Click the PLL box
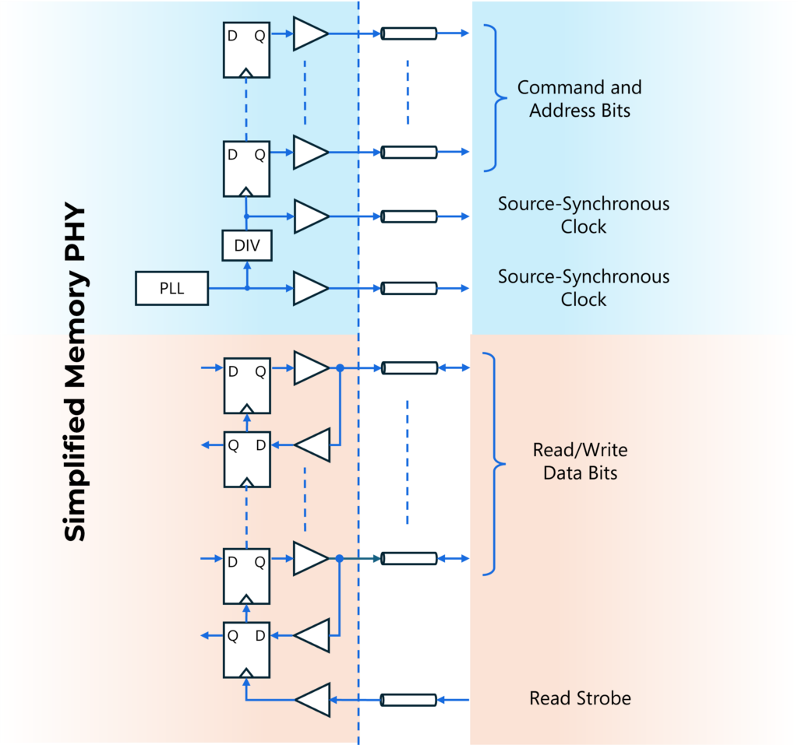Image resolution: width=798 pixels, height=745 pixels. pyautogui.click(x=172, y=288)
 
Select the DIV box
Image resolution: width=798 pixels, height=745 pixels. pyautogui.click(x=246, y=248)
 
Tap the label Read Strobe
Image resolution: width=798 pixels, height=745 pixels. pyautogui.click(x=580, y=698)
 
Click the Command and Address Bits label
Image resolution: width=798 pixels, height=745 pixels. pyautogui.click(x=580, y=99)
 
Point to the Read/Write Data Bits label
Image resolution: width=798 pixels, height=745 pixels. pyautogui.click(x=580, y=461)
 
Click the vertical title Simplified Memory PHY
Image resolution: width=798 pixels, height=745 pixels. pyautogui.click(x=76, y=374)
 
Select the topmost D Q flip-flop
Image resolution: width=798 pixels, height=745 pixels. pyautogui.click(x=246, y=49)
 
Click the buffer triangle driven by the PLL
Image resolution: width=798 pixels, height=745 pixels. pyautogui.click(x=309, y=288)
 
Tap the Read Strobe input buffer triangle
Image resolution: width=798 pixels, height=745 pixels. pyautogui.click(x=313, y=700)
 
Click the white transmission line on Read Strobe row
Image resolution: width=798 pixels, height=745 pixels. pyautogui.click(x=408, y=700)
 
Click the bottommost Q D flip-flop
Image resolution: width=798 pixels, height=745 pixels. pyautogui.click(x=246, y=650)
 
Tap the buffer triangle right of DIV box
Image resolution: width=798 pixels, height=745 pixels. pyautogui.click(x=309, y=216)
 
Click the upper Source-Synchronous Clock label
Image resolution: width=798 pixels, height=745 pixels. pyautogui.click(x=584, y=216)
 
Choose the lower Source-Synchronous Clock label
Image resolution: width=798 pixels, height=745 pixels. pyautogui.click(x=584, y=288)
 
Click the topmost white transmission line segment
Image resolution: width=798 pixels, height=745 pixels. pyautogui.click(x=408, y=33)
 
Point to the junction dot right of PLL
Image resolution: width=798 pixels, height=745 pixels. pyautogui.click(x=247, y=288)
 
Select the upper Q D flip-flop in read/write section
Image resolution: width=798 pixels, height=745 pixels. pyautogui.click(x=246, y=459)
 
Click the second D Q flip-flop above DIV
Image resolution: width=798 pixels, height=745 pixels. pyautogui.click(x=246, y=168)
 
